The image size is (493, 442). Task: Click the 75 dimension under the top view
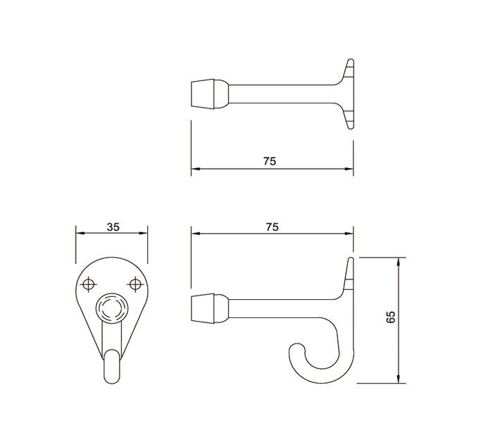pos(270,160)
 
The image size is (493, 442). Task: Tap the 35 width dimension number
pos(112,227)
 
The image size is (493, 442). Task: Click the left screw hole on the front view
pos(88,284)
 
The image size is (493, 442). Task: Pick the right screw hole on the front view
pos(136,284)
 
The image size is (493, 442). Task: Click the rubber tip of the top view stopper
pos(202,92)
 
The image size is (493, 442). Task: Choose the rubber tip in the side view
pos(202,308)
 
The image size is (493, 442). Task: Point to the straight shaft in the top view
pos(282,92)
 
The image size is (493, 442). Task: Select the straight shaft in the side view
pos(282,308)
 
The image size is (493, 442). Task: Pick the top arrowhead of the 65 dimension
pos(399,260)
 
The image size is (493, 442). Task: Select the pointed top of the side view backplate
pos(349,260)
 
